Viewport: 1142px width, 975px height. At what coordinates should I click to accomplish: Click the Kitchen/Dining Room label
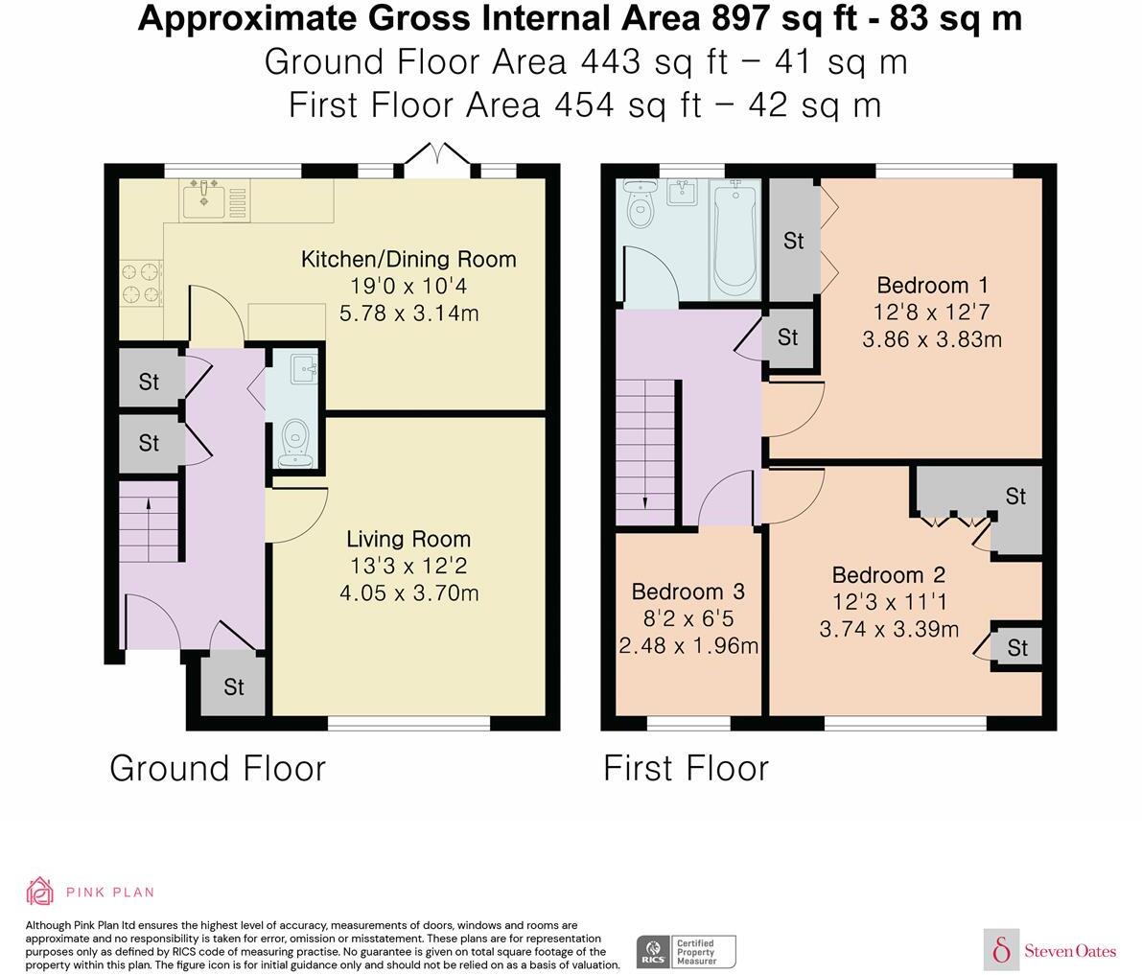pos(408,259)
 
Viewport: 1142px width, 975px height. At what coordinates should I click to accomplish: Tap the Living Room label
pos(408,539)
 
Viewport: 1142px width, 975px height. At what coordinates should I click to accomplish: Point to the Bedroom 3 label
pos(688,592)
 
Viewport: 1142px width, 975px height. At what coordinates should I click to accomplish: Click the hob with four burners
pos(141,283)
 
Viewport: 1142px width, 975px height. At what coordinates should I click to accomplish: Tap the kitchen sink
pos(204,198)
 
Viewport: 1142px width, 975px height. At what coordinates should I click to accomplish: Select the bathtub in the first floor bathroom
pos(734,240)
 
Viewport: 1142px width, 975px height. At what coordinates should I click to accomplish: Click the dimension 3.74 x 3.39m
pos(889,629)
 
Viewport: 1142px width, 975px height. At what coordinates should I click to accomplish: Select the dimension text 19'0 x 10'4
pos(408,286)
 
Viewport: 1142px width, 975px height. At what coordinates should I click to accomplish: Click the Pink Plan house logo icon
pos(39,892)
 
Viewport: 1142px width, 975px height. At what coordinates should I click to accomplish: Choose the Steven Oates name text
pos(1070,950)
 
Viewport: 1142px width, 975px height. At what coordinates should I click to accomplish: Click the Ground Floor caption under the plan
pos(218,768)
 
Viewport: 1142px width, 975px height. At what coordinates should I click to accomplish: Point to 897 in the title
pos(739,18)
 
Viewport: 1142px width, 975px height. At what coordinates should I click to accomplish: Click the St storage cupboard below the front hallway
pos(233,686)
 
